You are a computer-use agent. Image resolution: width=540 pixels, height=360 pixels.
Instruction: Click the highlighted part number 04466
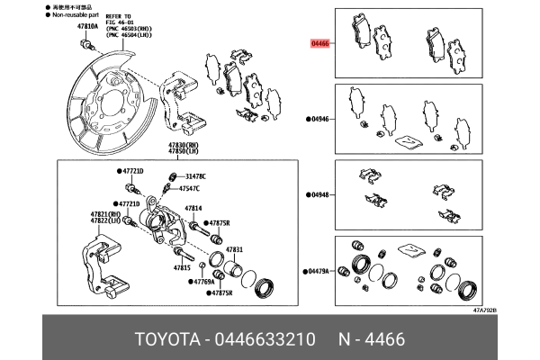pyautogui.click(x=320, y=42)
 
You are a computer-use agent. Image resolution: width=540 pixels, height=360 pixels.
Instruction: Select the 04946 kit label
pyautogui.click(x=322, y=119)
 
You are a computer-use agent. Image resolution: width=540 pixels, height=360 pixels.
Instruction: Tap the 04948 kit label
pyautogui.click(x=322, y=193)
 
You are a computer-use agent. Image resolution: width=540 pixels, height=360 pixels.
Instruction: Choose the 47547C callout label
pyautogui.click(x=191, y=189)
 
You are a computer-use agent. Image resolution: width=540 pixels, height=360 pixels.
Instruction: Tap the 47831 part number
pyautogui.click(x=234, y=248)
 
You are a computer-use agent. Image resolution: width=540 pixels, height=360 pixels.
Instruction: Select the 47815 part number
pyautogui.click(x=182, y=268)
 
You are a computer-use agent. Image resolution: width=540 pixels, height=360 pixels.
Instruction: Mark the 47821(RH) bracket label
pyautogui.click(x=104, y=213)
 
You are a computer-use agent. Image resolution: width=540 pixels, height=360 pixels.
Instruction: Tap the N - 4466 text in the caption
pyautogui.click(x=376, y=339)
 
